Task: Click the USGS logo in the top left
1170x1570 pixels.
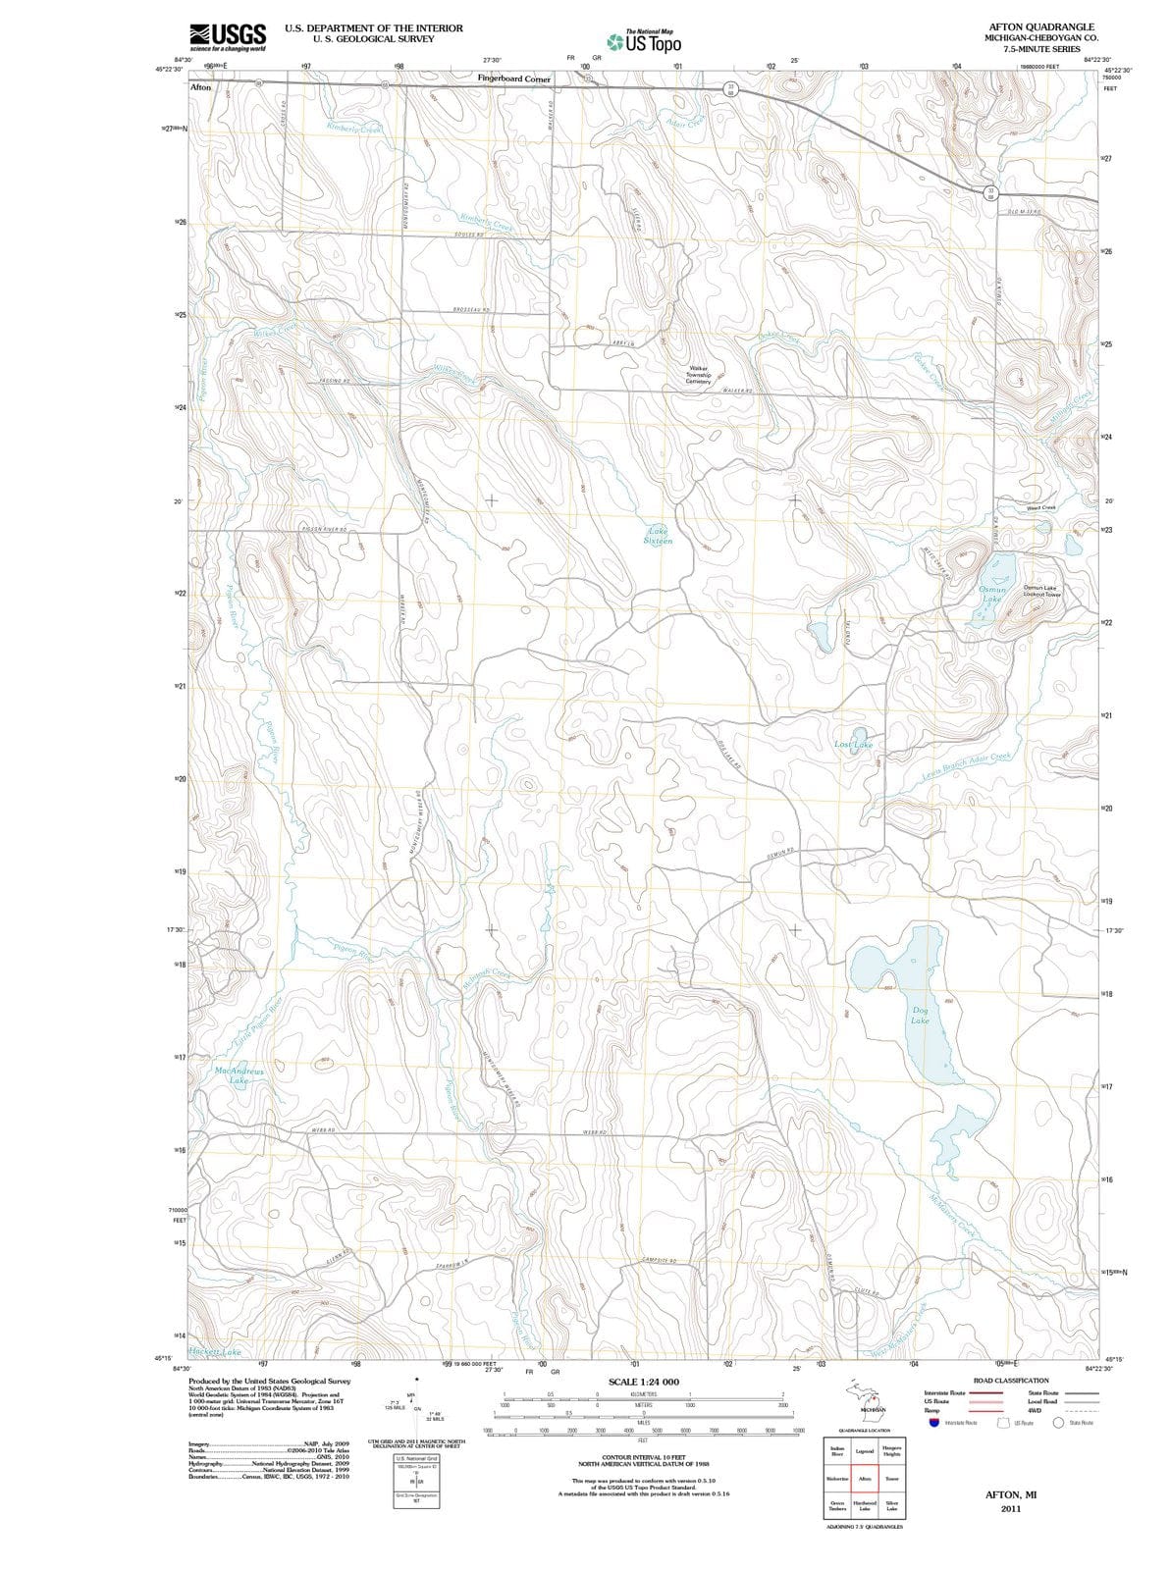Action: [x=227, y=36]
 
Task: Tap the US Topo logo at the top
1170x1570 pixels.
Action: [x=644, y=42]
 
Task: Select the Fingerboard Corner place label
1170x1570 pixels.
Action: [x=513, y=78]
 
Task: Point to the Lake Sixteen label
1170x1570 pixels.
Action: [x=658, y=536]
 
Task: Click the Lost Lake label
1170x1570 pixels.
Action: [x=853, y=745]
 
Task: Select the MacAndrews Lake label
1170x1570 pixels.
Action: [x=239, y=1075]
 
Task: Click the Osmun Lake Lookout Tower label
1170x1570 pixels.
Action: [x=1041, y=591]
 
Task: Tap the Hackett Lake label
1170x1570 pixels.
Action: [x=214, y=1352]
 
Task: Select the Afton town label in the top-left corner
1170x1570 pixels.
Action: [x=200, y=87]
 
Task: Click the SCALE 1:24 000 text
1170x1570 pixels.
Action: [x=643, y=1382]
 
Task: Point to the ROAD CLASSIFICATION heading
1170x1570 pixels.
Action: [x=1010, y=1381]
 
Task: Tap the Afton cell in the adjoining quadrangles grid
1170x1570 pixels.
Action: [x=865, y=1478]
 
